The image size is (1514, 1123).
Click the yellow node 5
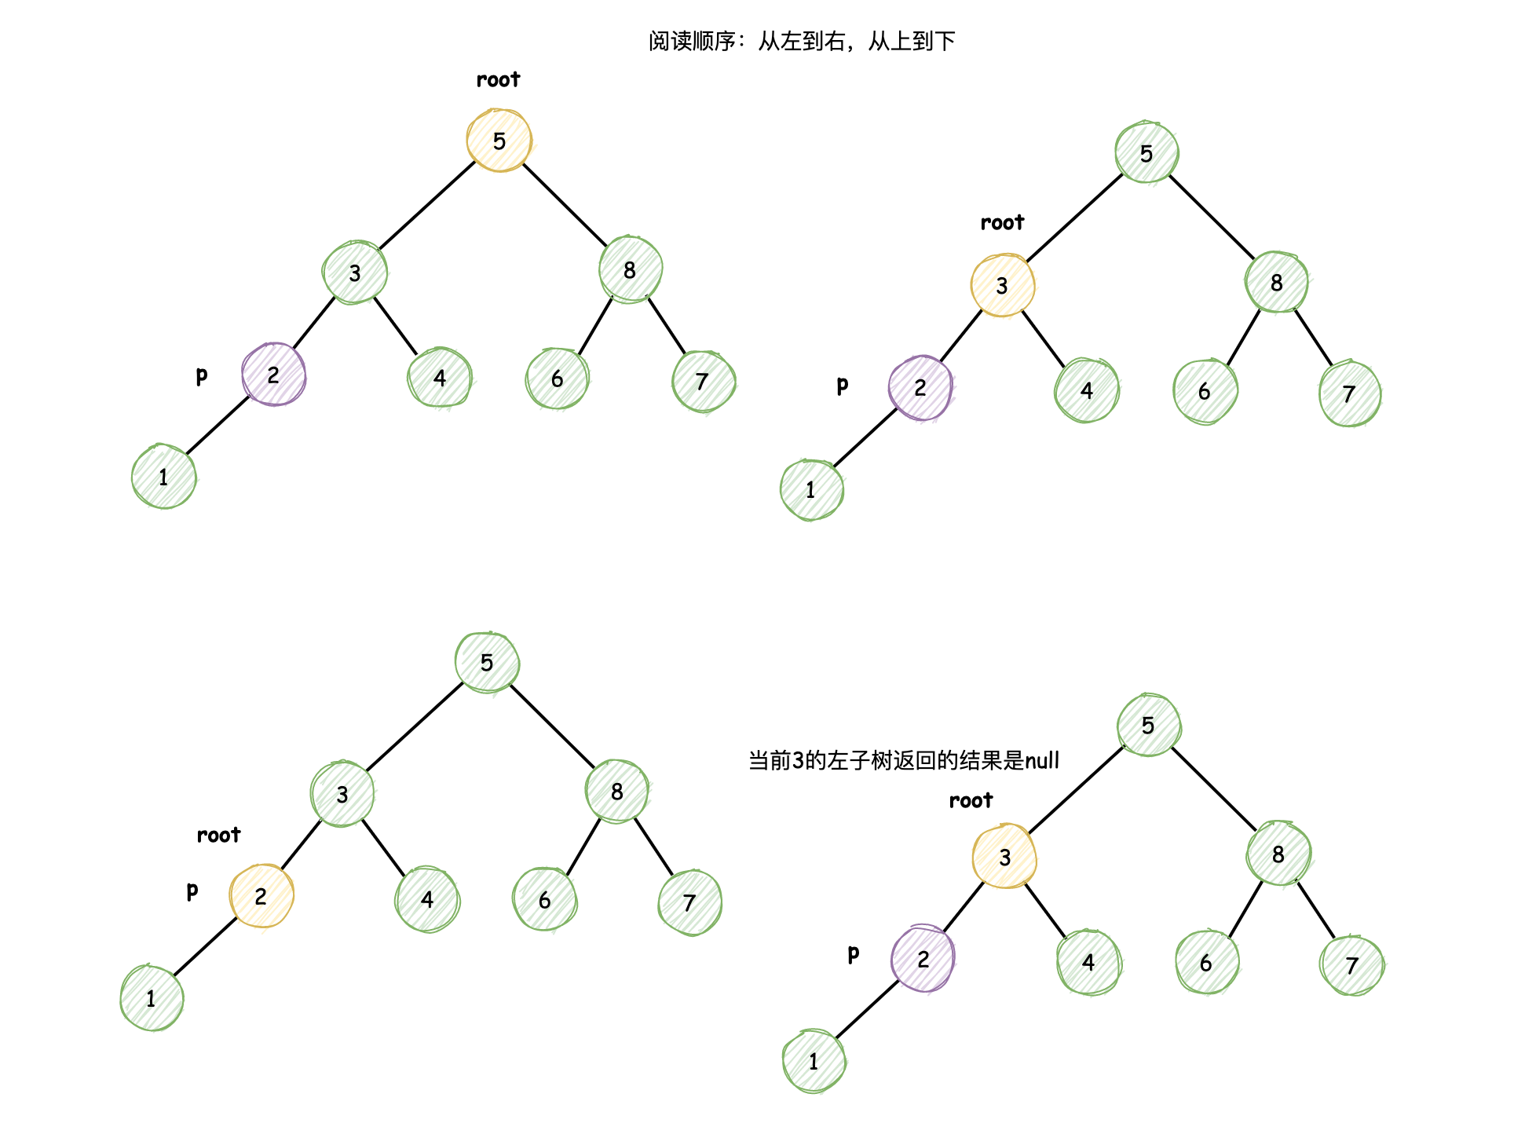(x=499, y=141)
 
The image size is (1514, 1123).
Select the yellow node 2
(x=261, y=896)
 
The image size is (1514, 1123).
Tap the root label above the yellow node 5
(x=498, y=80)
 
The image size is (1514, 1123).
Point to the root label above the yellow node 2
(x=218, y=835)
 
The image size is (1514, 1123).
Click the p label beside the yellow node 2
(x=192, y=891)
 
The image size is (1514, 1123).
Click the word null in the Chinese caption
(x=1042, y=760)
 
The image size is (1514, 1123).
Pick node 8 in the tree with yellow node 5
(x=630, y=270)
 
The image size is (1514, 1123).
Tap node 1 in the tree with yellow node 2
(x=152, y=998)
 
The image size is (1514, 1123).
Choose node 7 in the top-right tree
(x=1349, y=393)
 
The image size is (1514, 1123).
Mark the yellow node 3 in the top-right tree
(x=1003, y=285)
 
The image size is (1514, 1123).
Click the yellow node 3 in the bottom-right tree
(x=1004, y=857)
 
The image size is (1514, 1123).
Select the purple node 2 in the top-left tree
(x=273, y=375)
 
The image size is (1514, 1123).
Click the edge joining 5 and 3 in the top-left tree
(x=427, y=206)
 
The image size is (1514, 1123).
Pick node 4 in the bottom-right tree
(x=1088, y=962)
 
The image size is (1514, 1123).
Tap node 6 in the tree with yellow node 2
(x=545, y=900)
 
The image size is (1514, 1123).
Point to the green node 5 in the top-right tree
(x=1146, y=153)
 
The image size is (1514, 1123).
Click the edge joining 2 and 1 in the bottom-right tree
(x=867, y=1010)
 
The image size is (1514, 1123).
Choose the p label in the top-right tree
(x=842, y=385)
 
